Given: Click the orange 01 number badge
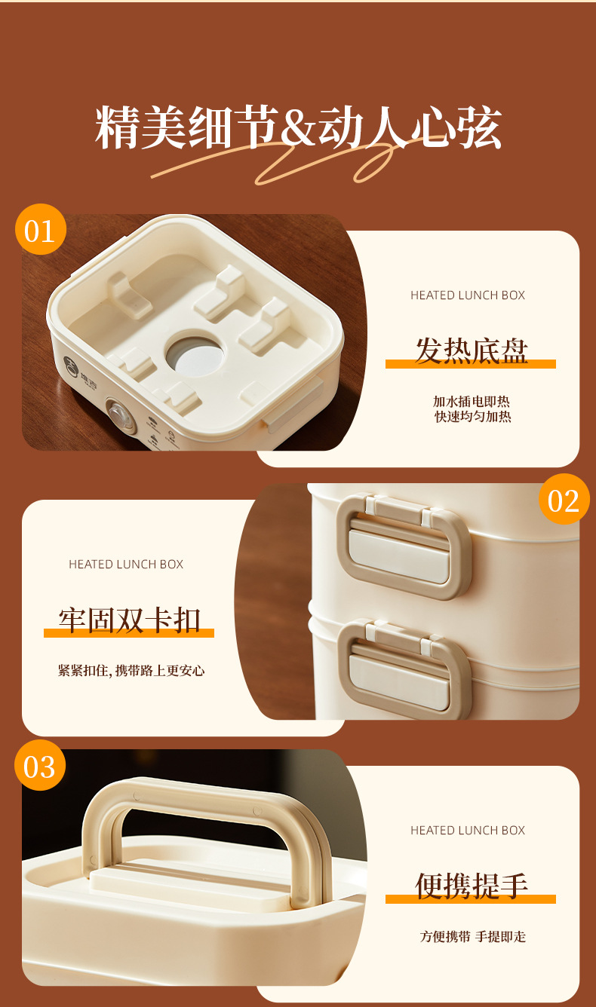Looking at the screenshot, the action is [x=41, y=229].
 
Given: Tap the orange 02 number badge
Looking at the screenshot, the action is [x=564, y=499].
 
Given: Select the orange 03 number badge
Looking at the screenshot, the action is [x=40, y=765].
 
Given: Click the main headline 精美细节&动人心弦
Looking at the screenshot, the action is [x=298, y=127].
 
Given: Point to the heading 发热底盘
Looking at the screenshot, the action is [x=471, y=350].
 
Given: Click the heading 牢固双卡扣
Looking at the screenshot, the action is [x=129, y=620].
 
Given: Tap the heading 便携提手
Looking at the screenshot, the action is [x=471, y=886].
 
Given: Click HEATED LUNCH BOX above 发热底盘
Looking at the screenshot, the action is [x=468, y=295].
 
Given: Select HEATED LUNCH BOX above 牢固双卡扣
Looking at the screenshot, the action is [x=126, y=565].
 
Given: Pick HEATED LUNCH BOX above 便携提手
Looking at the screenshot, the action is [x=468, y=831].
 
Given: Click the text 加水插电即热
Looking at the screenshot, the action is [x=472, y=401].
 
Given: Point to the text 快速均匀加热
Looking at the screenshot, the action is [x=473, y=417].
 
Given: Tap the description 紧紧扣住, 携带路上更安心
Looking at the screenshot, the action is [x=131, y=671].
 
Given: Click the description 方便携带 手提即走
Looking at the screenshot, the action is [x=473, y=936].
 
